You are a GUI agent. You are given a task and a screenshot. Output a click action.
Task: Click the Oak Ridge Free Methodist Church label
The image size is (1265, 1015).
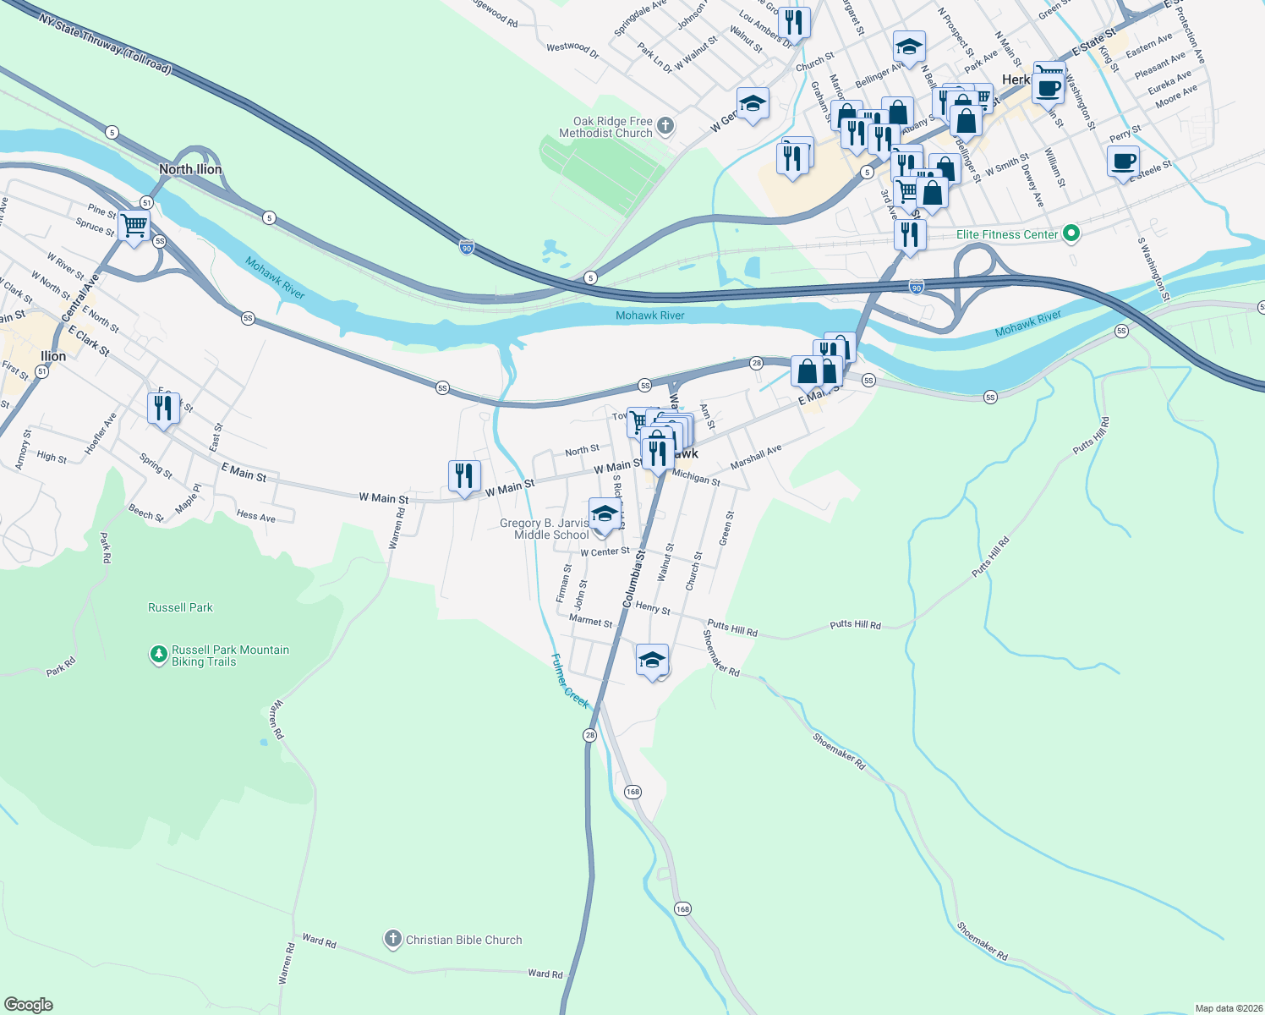tap(606, 128)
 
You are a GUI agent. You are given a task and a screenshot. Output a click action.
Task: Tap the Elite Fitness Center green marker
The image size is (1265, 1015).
tap(1071, 233)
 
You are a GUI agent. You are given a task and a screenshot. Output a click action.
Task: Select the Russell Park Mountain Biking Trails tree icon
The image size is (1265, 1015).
tap(158, 655)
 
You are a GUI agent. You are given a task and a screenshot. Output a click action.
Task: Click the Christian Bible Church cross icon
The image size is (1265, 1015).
tap(392, 939)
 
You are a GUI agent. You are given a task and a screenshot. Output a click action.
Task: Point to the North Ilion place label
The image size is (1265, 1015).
tap(190, 169)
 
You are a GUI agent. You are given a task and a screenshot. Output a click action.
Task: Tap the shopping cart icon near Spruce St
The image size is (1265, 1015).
tap(134, 227)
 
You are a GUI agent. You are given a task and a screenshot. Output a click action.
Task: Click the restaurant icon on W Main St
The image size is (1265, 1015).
tap(464, 476)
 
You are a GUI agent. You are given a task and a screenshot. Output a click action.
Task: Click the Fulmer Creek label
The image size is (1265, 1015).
tap(569, 681)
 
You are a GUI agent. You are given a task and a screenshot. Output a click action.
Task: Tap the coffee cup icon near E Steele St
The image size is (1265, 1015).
tap(1123, 162)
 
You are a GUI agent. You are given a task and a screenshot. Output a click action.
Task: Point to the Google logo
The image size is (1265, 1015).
tap(29, 1005)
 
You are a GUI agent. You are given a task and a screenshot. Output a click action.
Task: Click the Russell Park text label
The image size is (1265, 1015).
tap(180, 607)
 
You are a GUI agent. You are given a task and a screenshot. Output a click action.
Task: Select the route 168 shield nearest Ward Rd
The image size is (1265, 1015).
tap(682, 908)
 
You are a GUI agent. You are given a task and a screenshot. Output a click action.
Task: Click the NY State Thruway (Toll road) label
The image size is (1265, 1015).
tap(105, 43)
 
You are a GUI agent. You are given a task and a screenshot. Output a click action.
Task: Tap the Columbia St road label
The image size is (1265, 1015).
tap(633, 579)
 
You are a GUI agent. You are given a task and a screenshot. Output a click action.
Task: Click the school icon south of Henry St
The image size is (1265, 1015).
tap(652, 660)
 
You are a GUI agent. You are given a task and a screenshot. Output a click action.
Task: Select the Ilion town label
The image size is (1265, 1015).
tap(53, 356)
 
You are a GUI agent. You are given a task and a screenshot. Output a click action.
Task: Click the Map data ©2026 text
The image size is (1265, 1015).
tap(1228, 1008)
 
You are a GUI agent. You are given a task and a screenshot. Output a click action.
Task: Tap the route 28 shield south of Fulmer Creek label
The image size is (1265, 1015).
tap(589, 735)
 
